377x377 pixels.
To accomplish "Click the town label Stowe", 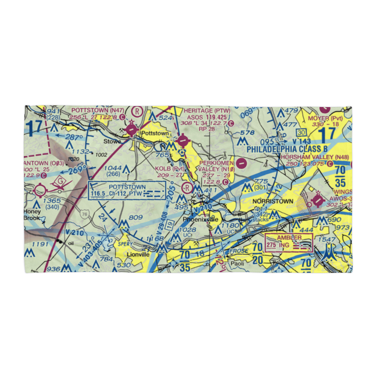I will pos(113,141).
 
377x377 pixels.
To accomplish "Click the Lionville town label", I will pos(138,254).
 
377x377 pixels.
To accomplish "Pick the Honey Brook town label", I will pos(32,215).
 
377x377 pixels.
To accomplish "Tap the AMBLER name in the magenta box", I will pos(289,238).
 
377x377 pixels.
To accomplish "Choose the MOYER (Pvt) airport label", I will pos(325,118).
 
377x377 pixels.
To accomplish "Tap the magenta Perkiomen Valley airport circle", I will pos(241,163).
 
